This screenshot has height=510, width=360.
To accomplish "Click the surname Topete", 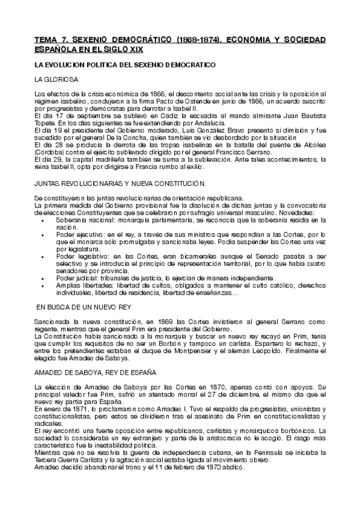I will [46, 120].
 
